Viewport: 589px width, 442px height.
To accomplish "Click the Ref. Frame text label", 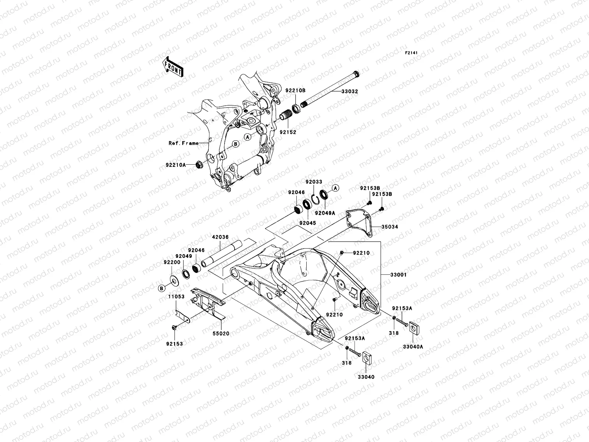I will (183, 143).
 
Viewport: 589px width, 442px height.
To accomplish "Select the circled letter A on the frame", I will (248, 137).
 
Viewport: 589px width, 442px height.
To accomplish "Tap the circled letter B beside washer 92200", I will (161, 288).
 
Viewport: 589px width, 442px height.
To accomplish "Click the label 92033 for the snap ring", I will (314, 182).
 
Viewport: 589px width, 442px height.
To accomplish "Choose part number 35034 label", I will (389, 227).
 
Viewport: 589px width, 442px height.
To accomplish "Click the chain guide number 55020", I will (221, 334).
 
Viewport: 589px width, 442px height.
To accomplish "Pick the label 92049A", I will (325, 213).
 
